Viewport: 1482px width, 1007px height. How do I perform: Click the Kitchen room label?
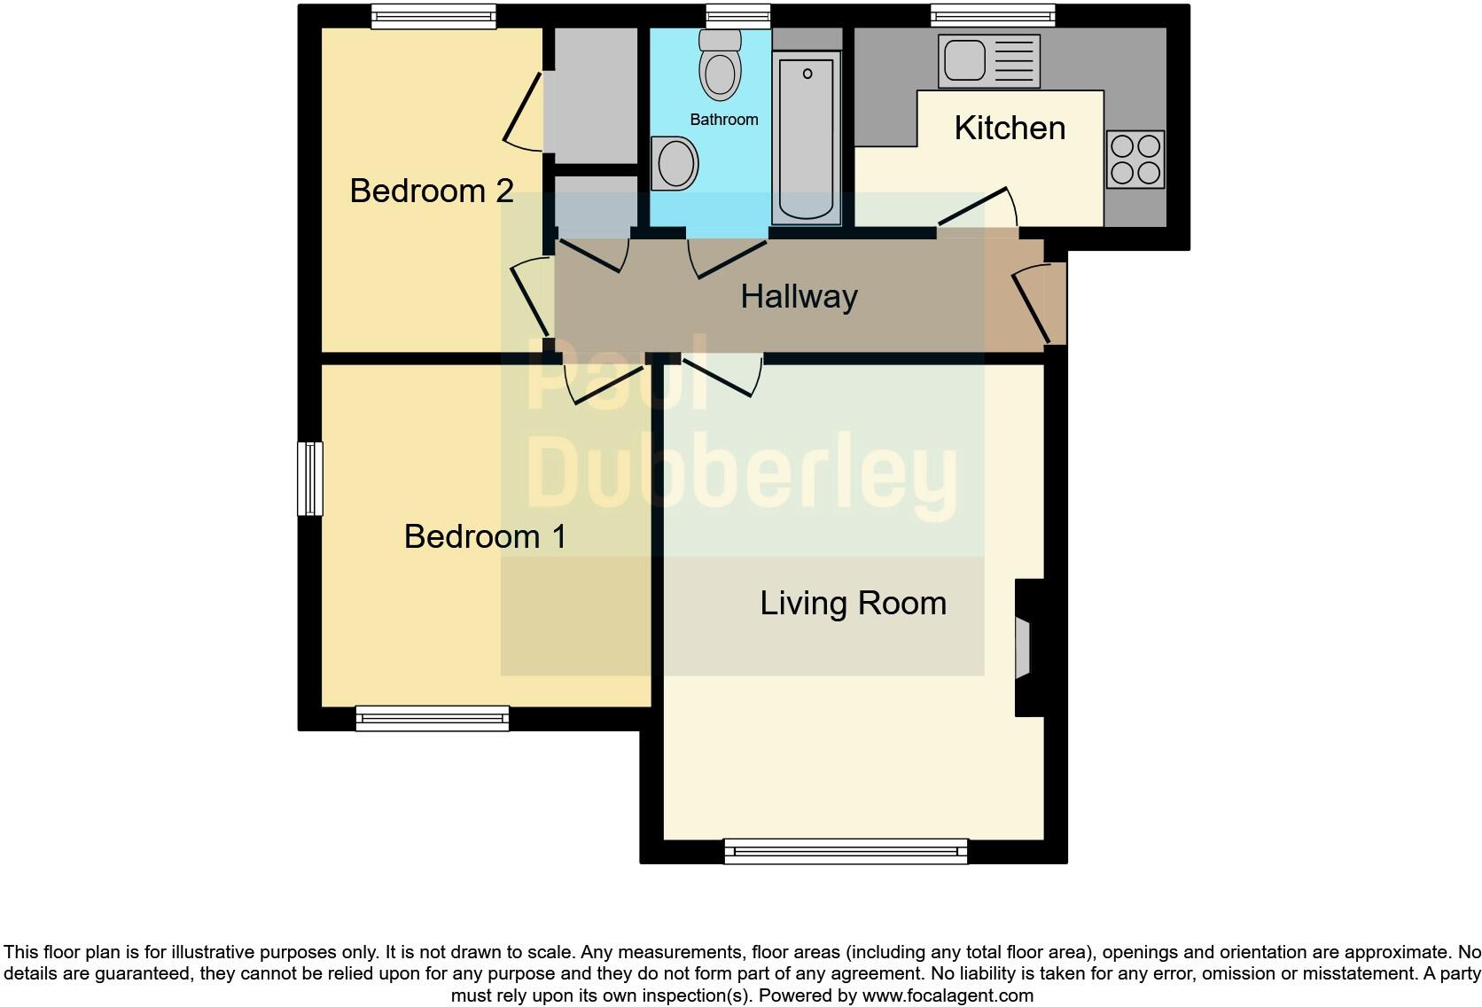point(1010,129)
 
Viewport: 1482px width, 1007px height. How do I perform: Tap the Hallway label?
point(799,296)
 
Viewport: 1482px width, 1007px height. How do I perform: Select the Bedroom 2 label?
point(432,191)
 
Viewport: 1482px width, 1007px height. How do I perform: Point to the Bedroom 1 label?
point(485,536)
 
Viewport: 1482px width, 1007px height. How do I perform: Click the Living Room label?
point(853,604)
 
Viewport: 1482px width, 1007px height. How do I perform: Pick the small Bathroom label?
point(724,120)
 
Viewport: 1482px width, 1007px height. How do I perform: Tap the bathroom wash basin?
point(675,163)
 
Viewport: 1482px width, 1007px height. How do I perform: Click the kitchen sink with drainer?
point(988,61)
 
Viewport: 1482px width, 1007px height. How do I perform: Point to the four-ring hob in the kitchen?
point(1135,160)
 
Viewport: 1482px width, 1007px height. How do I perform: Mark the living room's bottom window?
point(846,852)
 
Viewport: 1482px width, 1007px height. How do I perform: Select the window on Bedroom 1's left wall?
point(309,478)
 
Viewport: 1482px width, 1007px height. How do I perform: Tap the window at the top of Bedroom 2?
point(433,15)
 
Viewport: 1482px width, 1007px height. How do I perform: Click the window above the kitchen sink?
point(993,15)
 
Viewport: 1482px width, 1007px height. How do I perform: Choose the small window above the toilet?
point(737,15)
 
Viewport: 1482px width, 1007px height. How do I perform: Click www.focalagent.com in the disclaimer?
point(948,995)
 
